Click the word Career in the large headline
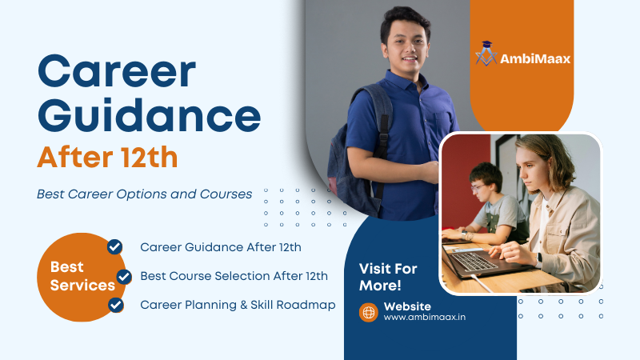[117, 74]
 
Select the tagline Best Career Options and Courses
[145, 194]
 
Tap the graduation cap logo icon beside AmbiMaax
[486, 53]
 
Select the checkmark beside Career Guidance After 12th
[115, 246]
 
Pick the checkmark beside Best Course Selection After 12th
[124, 277]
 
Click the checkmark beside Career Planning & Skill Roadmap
[116, 305]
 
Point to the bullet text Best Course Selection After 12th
[234, 276]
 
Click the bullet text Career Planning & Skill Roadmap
[238, 305]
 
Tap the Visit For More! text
[388, 277]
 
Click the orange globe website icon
[368, 312]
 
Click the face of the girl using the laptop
[534, 169]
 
